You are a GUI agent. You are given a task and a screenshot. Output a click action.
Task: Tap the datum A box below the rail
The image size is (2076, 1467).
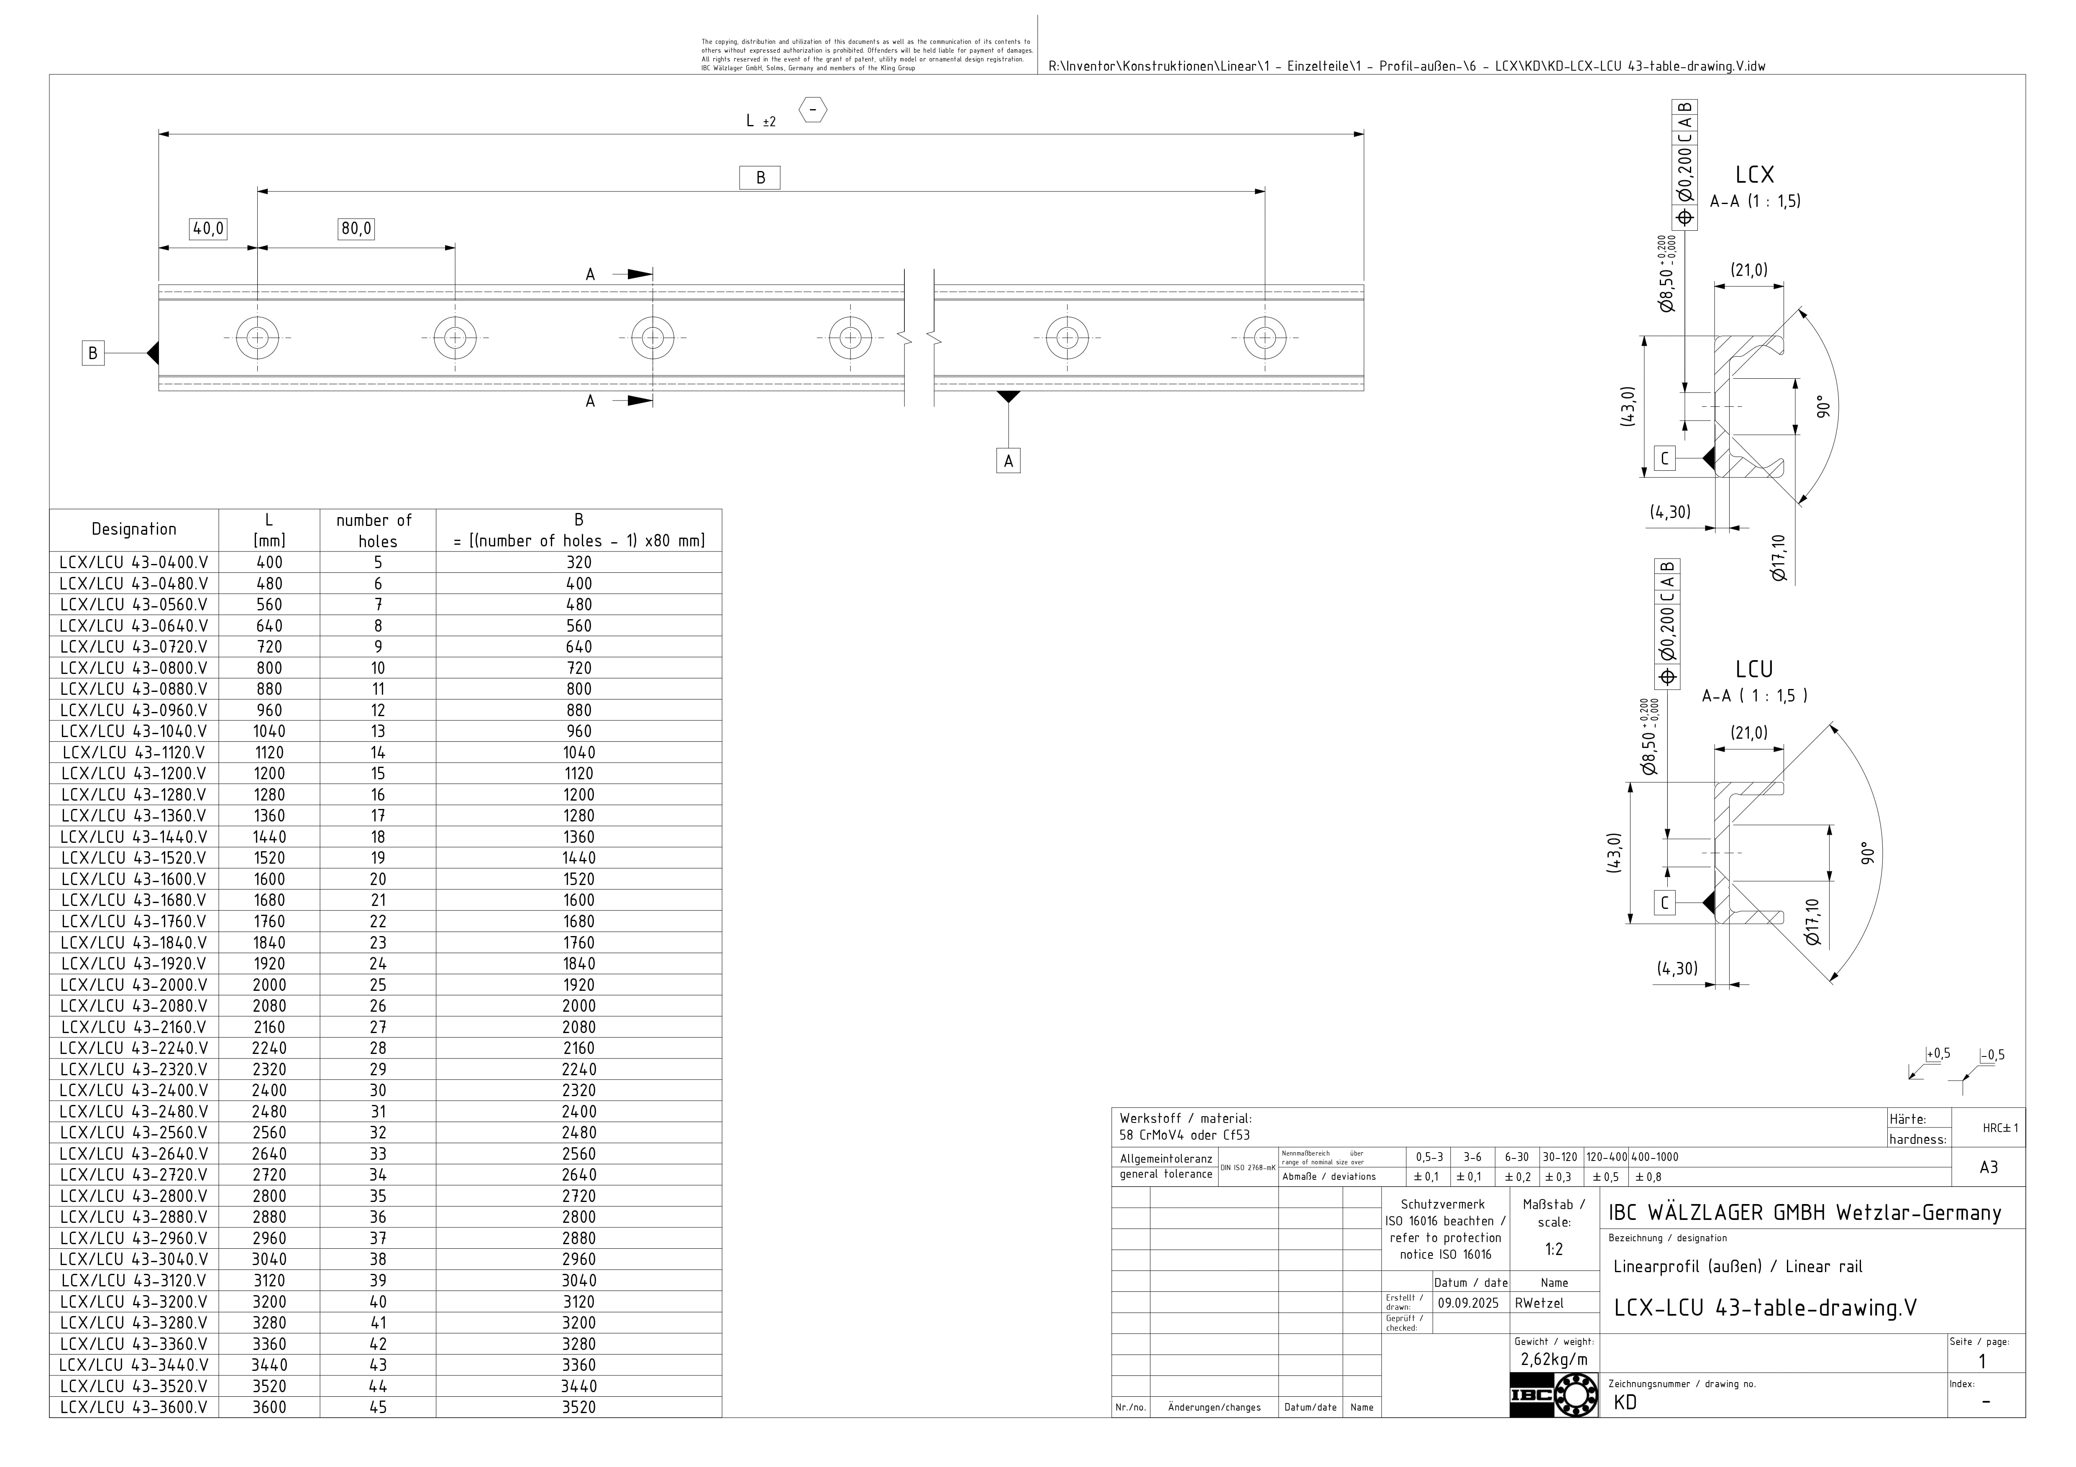pyautogui.click(x=1008, y=461)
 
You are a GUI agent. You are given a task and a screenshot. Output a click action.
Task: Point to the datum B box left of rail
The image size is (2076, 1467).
pyautogui.click(x=92, y=353)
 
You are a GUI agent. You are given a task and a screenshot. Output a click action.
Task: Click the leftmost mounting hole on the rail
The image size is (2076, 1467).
pyautogui.click(x=258, y=338)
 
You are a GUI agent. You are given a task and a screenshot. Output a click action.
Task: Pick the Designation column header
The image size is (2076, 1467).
pyautogui.click(x=134, y=530)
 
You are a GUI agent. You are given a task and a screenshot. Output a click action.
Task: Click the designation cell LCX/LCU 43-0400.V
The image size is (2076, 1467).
pyautogui.click(x=134, y=562)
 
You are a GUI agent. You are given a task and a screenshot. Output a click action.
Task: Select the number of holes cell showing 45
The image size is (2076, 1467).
pyautogui.click(x=378, y=1407)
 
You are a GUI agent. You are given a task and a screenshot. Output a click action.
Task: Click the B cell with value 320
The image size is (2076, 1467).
pyautogui.click(x=579, y=562)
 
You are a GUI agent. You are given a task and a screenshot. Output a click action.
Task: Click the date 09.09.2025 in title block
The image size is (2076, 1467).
pyautogui.click(x=1468, y=1304)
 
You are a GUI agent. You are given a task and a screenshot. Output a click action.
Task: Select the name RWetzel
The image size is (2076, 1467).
pyautogui.click(x=1539, y=1304)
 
